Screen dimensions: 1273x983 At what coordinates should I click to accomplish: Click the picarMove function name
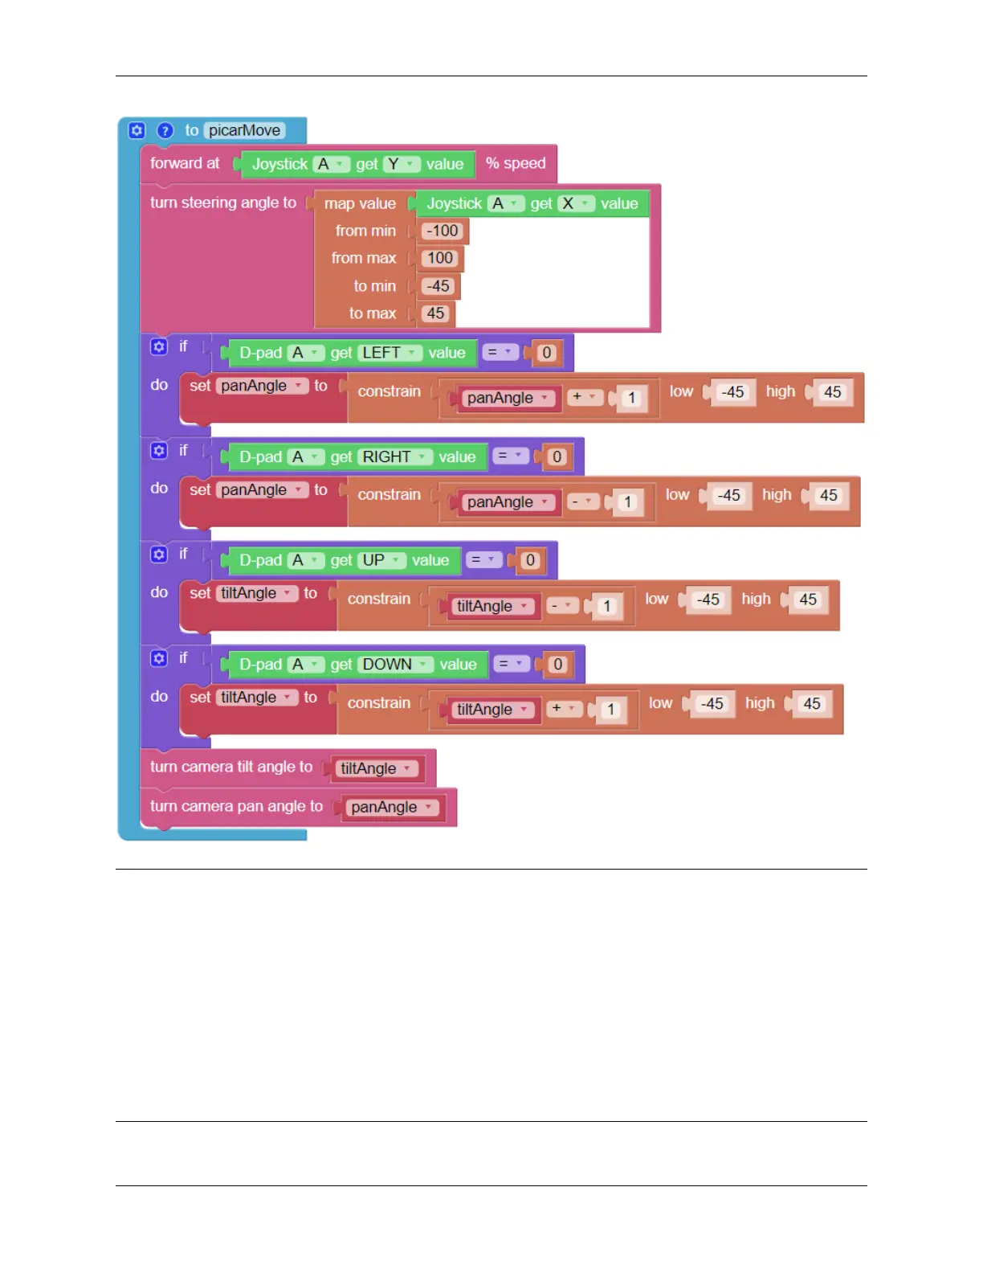coord(244,130)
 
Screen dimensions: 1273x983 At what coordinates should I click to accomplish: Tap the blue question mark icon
coord(165,130)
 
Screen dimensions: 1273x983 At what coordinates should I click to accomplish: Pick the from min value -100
coord(443,231)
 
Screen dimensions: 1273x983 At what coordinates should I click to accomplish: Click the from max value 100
coord(440,259)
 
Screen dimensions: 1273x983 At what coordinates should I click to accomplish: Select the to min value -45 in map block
coord(438,286)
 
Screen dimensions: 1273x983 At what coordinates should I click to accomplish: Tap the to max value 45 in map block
coord(435,313)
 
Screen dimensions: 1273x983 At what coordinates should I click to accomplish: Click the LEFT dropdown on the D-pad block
coord(390,353)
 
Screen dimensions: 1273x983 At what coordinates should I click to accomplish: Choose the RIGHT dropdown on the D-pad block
coord(394,457)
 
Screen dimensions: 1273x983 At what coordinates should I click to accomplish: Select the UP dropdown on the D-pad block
coord(381,560)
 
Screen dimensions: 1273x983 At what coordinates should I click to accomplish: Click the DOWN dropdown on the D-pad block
coord(395,665)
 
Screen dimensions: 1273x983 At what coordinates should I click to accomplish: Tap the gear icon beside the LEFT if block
coord(159,346)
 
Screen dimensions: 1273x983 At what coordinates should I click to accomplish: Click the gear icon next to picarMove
coord(137,130)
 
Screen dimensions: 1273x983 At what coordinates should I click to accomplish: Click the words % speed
coord(516,163)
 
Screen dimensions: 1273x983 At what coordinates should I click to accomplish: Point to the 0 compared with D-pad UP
coord(530,560)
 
